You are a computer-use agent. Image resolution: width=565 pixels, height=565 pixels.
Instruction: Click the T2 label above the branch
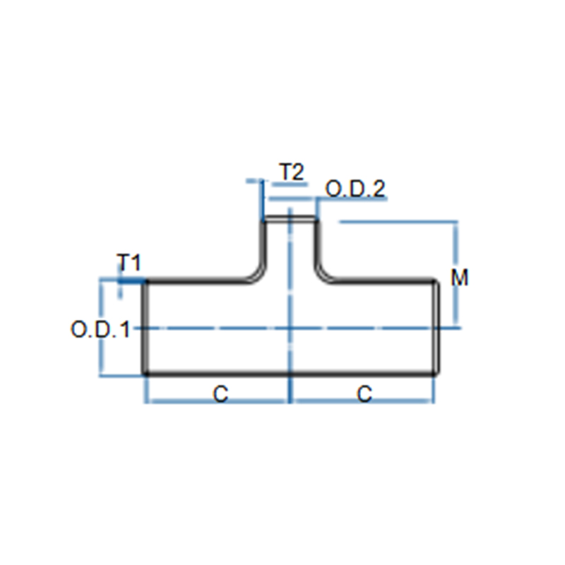[x=292, y=172]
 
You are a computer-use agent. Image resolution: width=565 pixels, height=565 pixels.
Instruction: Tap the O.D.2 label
[x=355, y=189]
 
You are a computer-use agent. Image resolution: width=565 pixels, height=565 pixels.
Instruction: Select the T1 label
[x=129, y=262]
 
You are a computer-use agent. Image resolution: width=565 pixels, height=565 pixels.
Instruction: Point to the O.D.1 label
[x=100, y=329]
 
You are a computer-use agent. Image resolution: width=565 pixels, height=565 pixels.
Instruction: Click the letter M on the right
[x=460, y=278]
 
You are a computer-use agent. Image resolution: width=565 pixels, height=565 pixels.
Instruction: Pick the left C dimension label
[x=220, y=393]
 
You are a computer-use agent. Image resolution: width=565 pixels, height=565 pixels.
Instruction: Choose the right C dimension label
[x=364, y=393]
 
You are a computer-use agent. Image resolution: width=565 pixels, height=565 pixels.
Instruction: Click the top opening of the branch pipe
[x=290, y=218]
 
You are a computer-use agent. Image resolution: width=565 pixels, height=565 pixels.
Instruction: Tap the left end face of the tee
[x=145, y=327]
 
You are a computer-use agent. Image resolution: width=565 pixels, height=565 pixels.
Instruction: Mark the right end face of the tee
[x=436, y=327]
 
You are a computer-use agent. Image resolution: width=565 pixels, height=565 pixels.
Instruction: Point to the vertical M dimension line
[x=456, y=274]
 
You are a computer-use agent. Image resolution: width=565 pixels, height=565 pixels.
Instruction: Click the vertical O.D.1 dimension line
[x=102, y=327]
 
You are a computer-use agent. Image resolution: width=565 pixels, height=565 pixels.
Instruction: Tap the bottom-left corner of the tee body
[x=145, y=374]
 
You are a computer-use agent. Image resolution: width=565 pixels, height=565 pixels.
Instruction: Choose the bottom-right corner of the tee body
[x=436, y=374]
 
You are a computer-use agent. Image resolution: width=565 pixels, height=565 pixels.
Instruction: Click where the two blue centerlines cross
[x=290, y=328]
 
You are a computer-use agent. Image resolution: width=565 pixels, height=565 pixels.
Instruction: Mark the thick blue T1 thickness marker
[x=131, y=280]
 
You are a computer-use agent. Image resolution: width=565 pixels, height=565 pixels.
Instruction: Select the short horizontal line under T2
[x=290, y=185]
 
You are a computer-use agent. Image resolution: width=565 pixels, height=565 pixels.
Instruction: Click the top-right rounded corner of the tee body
[x=436, y=282]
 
